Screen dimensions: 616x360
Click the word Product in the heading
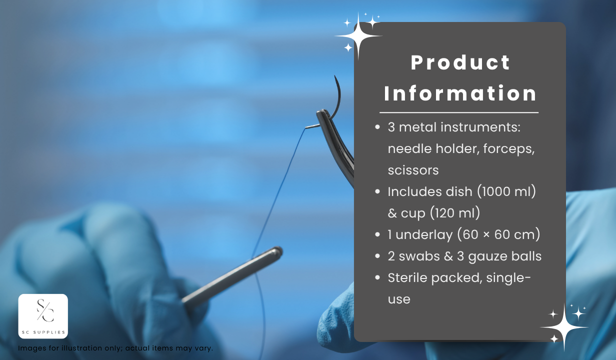pyautogui.click(x=460, y=62)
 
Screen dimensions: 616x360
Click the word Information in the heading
pyautogui.click(x=460, y=93)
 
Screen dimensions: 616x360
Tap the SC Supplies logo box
pyautogui.click(x=43, y=316)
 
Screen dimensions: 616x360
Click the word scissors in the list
pyautogui.click(x=413, y=170)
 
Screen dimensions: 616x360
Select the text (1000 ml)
pyautogui.click(x=506, y=191)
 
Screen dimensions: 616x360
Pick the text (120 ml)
pyautogui.click(x=454, y=213)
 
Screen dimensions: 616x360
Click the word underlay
pyautogui.click(x=424, y=234)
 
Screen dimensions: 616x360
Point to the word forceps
pyautogui.click(x=509, y=149)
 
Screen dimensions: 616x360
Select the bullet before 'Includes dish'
pyautogui.click(x=377, y=191)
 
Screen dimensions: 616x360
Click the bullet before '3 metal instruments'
pyautogui.click(x=377, y=127)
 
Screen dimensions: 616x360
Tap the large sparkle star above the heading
pyautogui.click(x=358, y=36)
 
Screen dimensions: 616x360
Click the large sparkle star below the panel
pyautogui.click(x=564, y=327)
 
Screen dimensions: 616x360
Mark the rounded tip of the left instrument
pyautogui.click(x=278, y=251)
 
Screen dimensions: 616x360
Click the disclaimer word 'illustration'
pyautogui.click(x=92, y=348)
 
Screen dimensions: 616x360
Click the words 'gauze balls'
pyautogui.click(x=504, y=256)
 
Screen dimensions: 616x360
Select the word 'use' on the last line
pyautogui.click(x=399, y=299)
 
